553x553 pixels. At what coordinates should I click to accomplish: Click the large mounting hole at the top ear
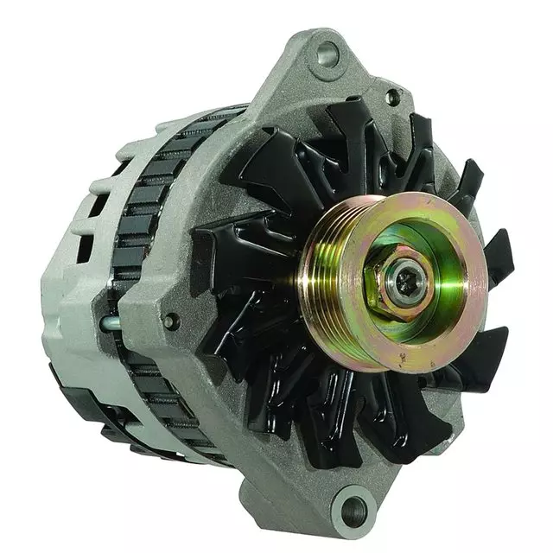tap(327, 54)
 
